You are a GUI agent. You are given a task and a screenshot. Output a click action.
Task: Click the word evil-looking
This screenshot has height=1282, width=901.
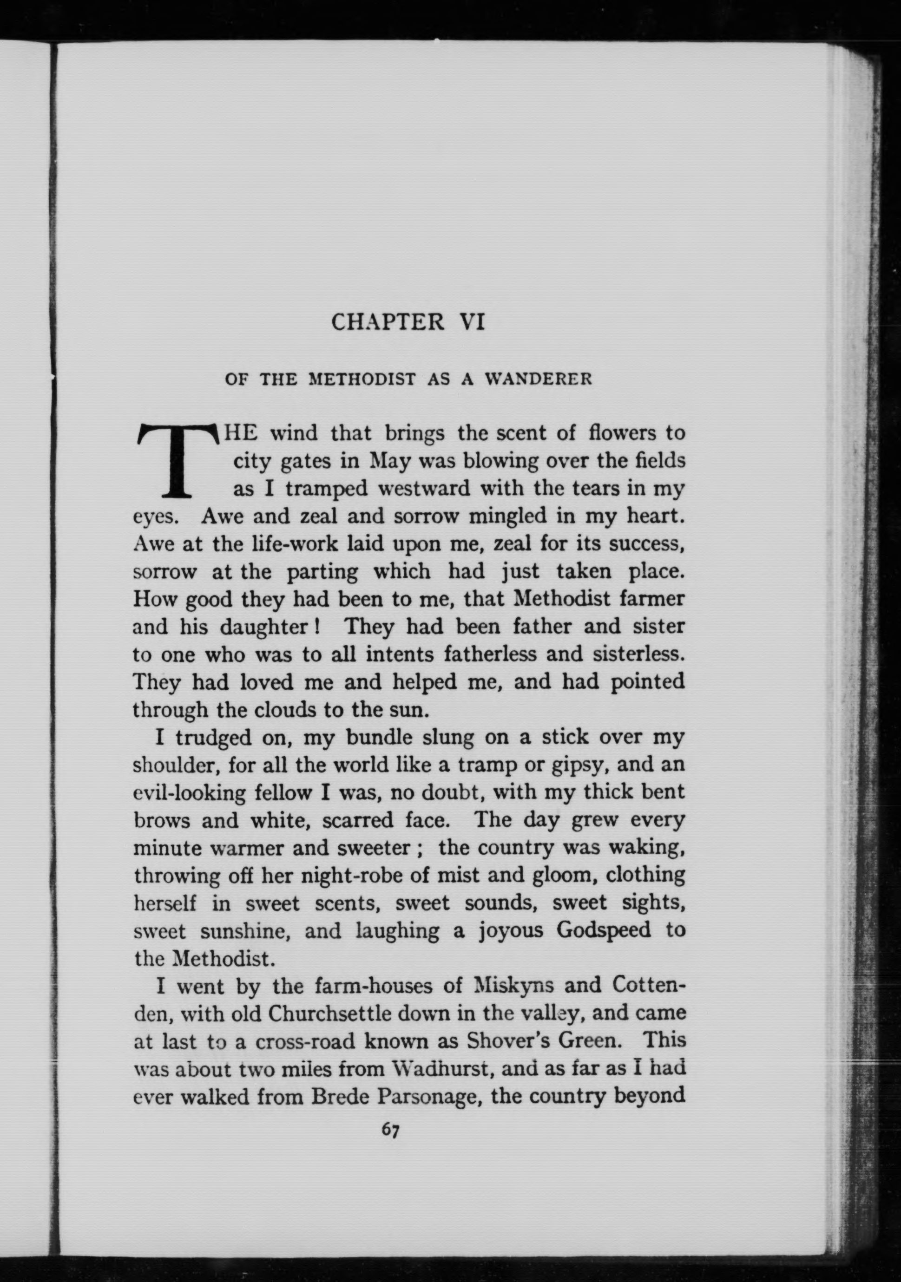coord(190,793)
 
